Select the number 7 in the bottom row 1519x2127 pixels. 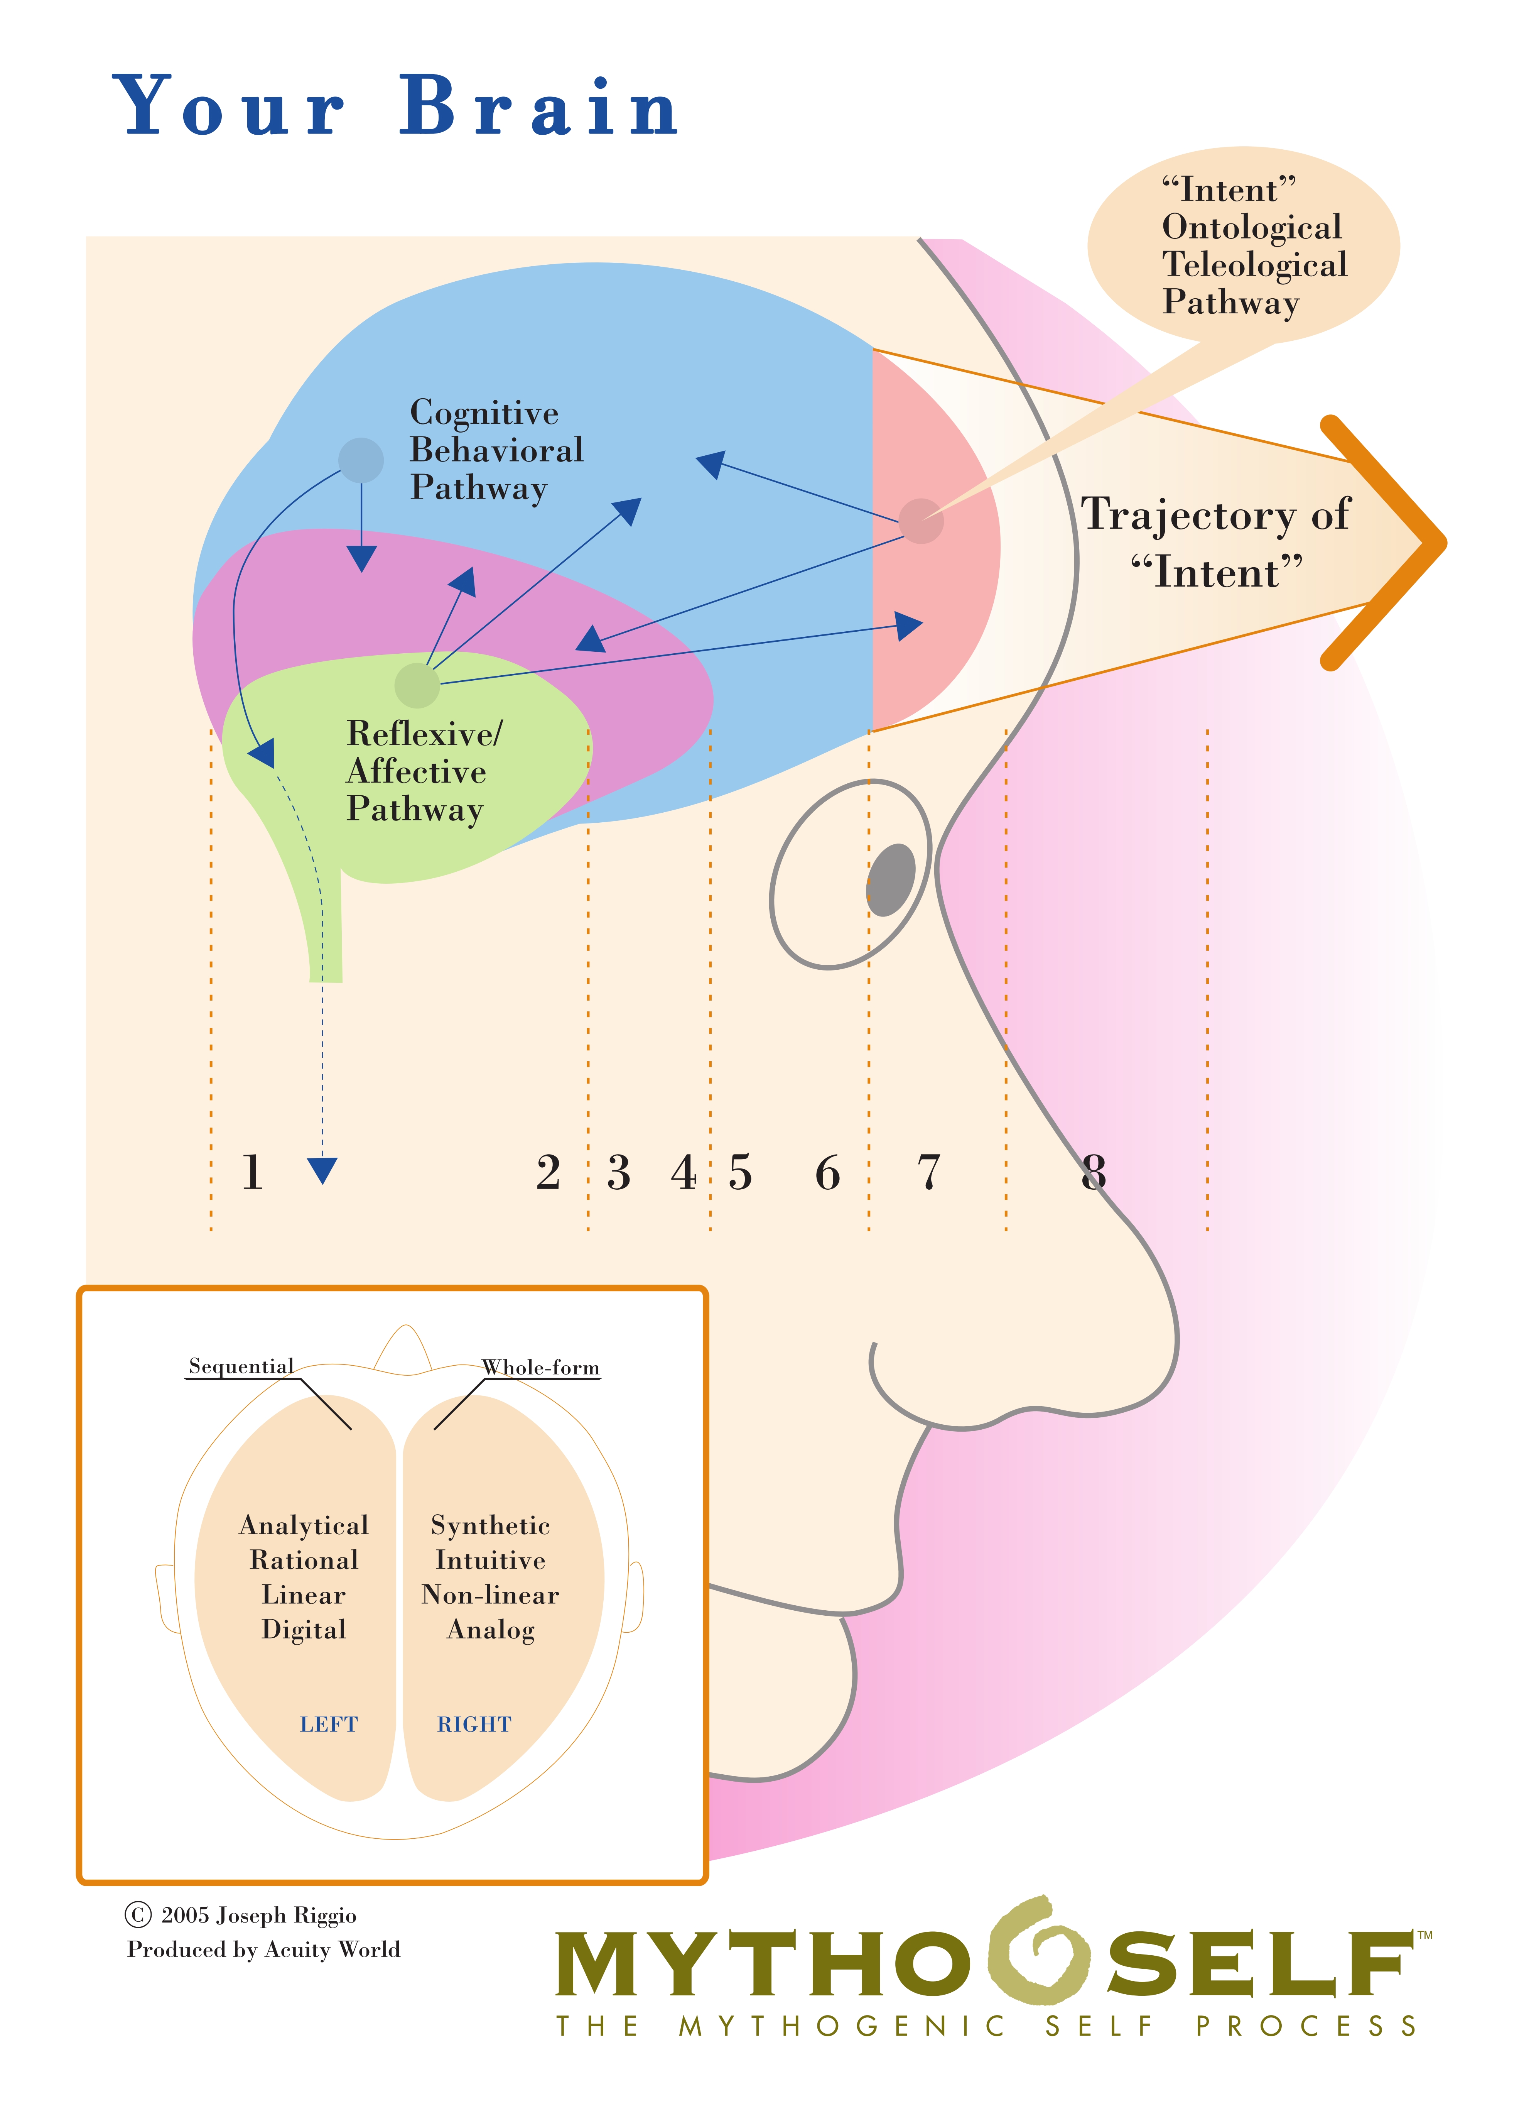(x=928, y=1173)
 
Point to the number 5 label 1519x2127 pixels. (x=740, y=1173)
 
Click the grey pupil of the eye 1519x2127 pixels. (x=891, y=879)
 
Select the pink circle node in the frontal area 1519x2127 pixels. (x=922, y=520)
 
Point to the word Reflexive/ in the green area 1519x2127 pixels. (x=424, y=734)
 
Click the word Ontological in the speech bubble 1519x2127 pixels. (x=1251, y=227)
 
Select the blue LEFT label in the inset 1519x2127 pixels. (x=328, y=1724)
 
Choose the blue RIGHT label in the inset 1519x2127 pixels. (x=474, y=1724)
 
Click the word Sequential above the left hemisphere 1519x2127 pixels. (x=240, y=1366)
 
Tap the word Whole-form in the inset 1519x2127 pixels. (x=541, y=1367)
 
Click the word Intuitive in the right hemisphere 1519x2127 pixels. (x=490, y=1560)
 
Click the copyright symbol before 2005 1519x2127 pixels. (x=137, y=1915)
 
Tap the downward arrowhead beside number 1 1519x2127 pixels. (x=323, y=1170)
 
